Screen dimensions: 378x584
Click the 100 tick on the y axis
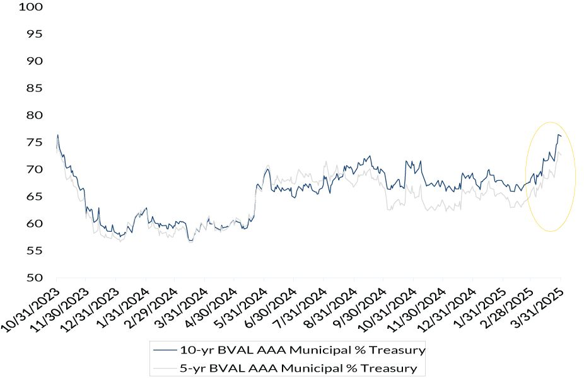(32, 7)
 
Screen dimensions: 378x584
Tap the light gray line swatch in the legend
(164, 367)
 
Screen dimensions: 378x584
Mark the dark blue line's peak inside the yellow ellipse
(558, 135)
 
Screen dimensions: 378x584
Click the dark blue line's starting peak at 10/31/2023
(58, 135)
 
